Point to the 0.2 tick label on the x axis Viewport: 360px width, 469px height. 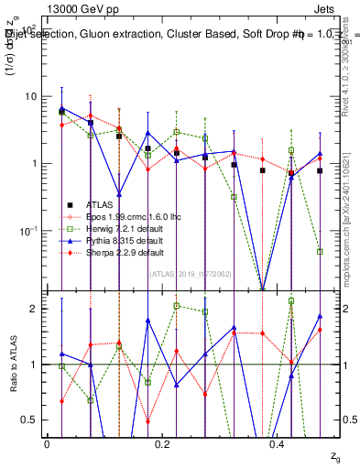point(163,443)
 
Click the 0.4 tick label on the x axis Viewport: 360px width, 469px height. point(279,443)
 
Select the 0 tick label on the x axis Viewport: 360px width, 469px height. point(47,443)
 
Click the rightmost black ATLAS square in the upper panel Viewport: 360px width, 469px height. point(320,170)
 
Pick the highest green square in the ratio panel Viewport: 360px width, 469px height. point(291,300)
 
